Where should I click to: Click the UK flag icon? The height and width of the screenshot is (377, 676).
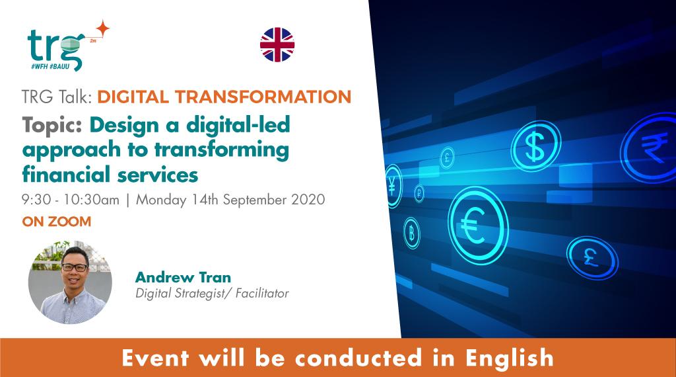(x=277, y=44)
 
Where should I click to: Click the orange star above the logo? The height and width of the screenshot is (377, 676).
(x=102, y=28)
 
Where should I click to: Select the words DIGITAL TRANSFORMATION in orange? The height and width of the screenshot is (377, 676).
(x=224, y=97)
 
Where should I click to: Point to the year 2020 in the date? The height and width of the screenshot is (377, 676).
(x=309, y=199)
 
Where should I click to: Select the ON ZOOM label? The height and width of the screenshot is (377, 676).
(x=56, y=222)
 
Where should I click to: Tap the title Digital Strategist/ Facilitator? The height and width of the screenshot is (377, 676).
(x=211, y=292)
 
